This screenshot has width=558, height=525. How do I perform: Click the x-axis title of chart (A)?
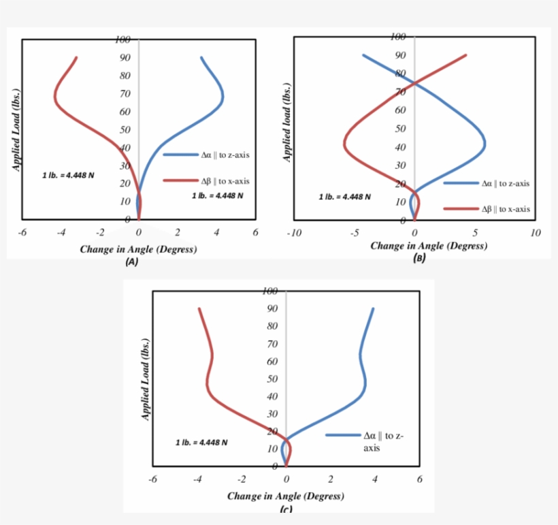(x=138, y=249)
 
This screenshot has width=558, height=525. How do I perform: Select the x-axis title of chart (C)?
(x=285, y=496)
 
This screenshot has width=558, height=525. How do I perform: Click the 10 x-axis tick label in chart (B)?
(x=535, y=233)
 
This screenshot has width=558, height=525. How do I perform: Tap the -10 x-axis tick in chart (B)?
(x=294, y=233)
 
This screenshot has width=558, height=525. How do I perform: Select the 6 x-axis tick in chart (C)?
(x=419, y=479)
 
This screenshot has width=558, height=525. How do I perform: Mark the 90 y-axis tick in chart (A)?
(x=125, y=58)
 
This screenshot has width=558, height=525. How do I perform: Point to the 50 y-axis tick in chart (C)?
(x=272, y=379)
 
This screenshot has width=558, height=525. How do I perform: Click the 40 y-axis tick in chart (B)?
(x=400, y=147)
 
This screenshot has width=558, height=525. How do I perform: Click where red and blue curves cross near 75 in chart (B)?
(x=415, y=83)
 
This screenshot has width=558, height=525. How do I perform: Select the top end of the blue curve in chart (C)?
(x=373, y=308)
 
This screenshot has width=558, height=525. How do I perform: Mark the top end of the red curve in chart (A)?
(x=76, y=58)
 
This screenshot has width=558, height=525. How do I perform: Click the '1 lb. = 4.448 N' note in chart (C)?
(x=201, y=442)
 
